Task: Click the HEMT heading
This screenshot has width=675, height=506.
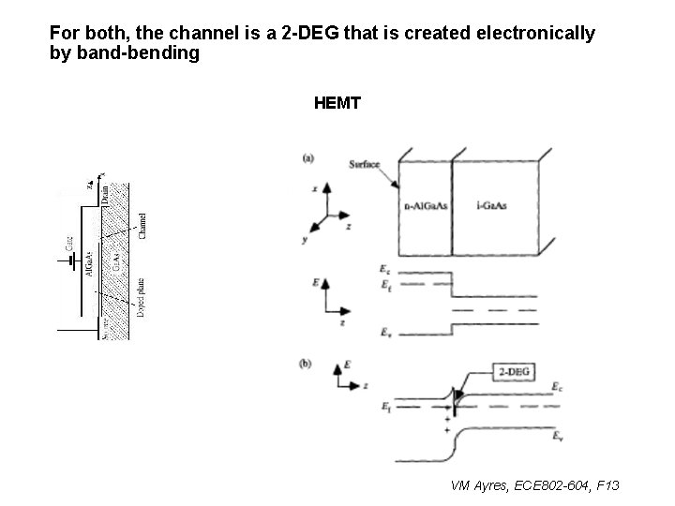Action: (x=337, y=103)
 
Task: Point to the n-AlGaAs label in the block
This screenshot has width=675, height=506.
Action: (x=425, y=205)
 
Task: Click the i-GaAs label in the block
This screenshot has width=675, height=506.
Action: (x=494, y=205)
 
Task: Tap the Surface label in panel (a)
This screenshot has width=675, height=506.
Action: (x=364, y=165)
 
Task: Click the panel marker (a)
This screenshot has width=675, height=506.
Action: (x=307, y=157)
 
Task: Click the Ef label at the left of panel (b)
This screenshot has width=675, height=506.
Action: (x=386, y=406)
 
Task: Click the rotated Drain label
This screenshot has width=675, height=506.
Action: (x=105, y=196)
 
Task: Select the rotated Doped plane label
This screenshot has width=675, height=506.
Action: (x=140, y=298)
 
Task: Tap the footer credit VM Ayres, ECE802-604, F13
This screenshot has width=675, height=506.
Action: (x=535, y=485)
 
